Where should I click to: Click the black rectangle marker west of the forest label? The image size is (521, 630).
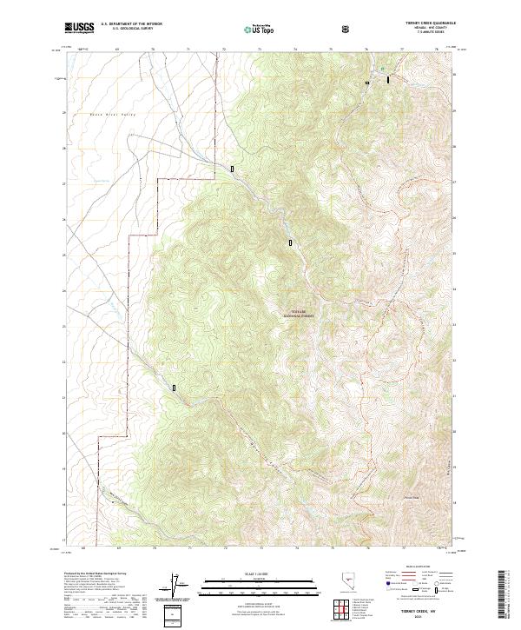tap(290, 243)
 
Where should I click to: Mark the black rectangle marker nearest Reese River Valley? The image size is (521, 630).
tap(232, 168)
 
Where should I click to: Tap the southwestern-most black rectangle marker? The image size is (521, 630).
tap(175, 388)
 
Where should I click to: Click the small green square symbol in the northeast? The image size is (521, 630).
tap(381, 67)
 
